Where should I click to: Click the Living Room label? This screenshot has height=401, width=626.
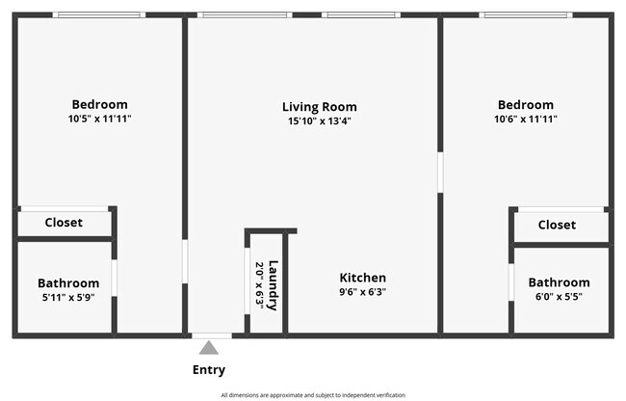point(319,107)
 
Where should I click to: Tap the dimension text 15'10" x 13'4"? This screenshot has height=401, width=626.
point(319,121)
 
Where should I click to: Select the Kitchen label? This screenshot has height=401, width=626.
point(362,278)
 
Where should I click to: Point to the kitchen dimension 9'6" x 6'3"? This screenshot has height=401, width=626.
point(362,292)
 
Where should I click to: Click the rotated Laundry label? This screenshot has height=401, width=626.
point(274,285)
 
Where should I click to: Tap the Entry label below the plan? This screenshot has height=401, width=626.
point(209,370)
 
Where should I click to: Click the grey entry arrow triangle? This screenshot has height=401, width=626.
point(209,347)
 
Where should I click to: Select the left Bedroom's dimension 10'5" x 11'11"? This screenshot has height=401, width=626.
point(99,119)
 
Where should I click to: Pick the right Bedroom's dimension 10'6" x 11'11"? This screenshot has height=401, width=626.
point(526,119)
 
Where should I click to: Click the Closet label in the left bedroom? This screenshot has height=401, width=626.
point(65,224)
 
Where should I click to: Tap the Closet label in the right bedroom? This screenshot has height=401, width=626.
point(557,225)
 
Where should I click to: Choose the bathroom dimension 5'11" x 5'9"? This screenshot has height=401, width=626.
point(68,298)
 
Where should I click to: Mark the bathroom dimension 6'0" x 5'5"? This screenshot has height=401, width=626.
point(559,297)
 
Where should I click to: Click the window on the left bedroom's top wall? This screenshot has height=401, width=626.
point(99,15)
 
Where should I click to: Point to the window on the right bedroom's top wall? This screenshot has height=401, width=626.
point(526,15)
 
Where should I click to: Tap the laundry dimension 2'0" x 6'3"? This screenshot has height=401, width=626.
point(258,285)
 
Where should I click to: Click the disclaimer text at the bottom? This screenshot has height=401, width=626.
point(313,395)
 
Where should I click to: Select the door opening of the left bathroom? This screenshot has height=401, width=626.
point(114,278)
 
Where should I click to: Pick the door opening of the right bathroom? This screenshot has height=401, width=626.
point(510,283)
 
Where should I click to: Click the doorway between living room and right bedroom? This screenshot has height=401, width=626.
point(440,173)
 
